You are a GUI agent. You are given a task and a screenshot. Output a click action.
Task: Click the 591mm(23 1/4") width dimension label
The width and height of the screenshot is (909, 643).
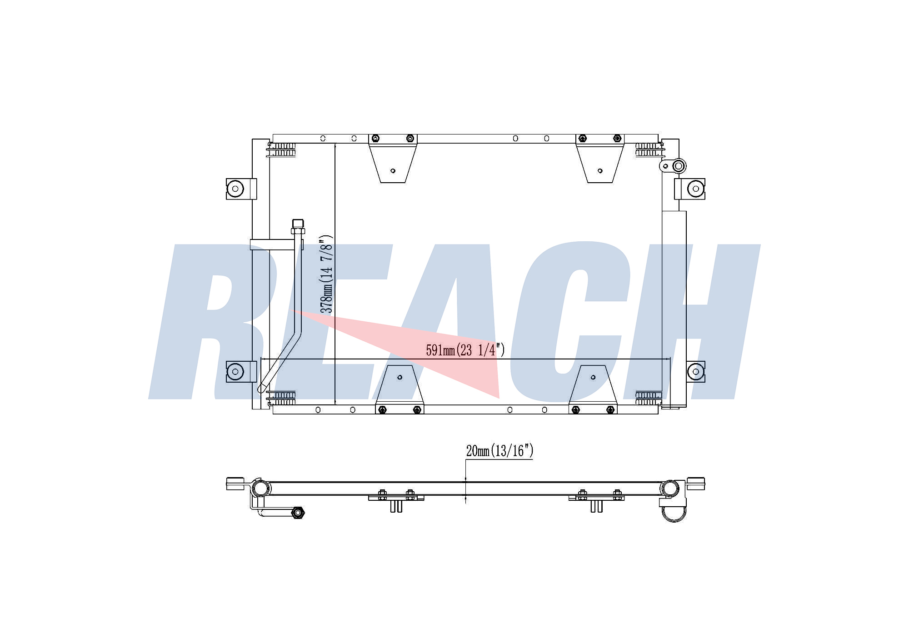pos(465,350)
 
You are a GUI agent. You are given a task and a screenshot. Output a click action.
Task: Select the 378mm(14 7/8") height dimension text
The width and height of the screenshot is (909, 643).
pos(327,274)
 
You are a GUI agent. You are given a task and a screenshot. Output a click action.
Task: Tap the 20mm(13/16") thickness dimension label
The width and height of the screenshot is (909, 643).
pos(499,451)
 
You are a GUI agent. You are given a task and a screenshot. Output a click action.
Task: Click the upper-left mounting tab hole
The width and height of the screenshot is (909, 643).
pos(235,188)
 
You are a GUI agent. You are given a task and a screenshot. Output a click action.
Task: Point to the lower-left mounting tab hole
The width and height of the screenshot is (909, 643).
pos(235,372)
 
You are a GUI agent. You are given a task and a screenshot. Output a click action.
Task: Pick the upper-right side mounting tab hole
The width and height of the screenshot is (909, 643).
pos(695,188)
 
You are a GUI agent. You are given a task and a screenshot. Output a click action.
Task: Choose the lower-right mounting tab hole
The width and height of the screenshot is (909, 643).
pos(695,372)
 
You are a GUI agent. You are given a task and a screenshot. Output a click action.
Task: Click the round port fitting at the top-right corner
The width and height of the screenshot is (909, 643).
pos(679,166)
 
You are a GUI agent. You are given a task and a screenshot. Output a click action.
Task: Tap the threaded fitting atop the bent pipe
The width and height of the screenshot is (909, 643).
pos(298,226)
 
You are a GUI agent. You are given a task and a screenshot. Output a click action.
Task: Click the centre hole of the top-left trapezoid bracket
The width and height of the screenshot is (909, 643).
pos(393,171)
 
